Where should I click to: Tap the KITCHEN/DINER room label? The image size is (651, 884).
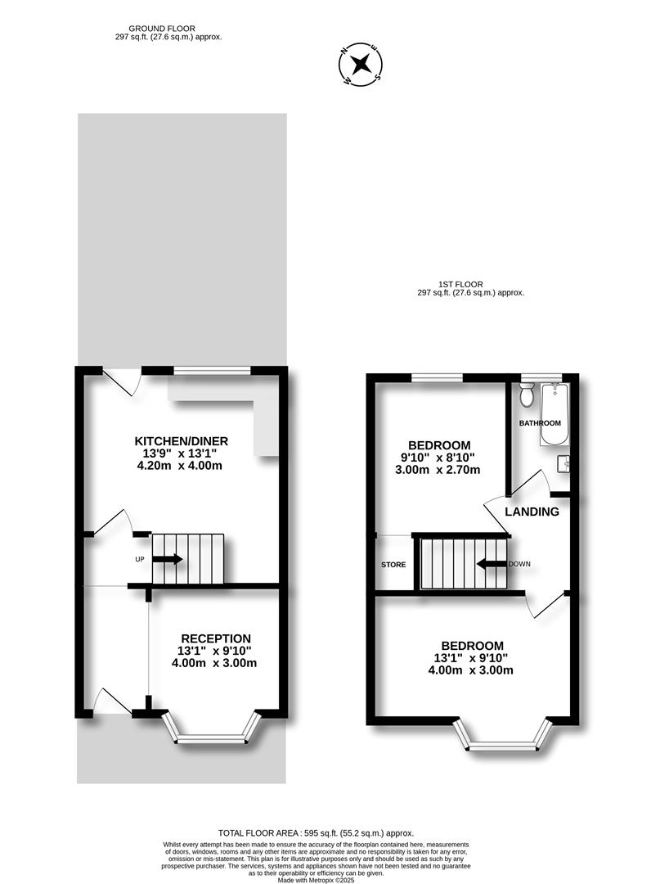[x=181, y=441]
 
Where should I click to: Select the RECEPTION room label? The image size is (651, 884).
[x=216, y=638]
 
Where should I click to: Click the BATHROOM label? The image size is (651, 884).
[x=540, y=423]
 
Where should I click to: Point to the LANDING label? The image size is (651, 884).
[x=532, y=512]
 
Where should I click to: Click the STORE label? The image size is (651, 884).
[x=393, y=565]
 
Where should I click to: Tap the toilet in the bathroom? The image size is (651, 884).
[x=528, y=394]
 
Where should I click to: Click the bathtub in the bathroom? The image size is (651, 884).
[x=555, y=414]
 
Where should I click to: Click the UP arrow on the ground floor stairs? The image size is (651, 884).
[x=168, y=559]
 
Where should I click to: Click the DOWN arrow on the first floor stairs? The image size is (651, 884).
[x=492, y=564]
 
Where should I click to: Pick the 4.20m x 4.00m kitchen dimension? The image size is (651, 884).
[x=180, y=466]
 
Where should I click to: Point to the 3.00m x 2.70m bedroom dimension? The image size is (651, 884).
[x=438, y=470]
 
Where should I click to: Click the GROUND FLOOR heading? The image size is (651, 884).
[x=162, y=28]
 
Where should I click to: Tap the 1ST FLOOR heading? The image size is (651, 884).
[x=460, y=284]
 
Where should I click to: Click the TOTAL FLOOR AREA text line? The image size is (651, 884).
[x=316, y=832]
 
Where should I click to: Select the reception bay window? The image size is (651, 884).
[x=212, y=733]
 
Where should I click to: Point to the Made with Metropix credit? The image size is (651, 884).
[x=316, y=879]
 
